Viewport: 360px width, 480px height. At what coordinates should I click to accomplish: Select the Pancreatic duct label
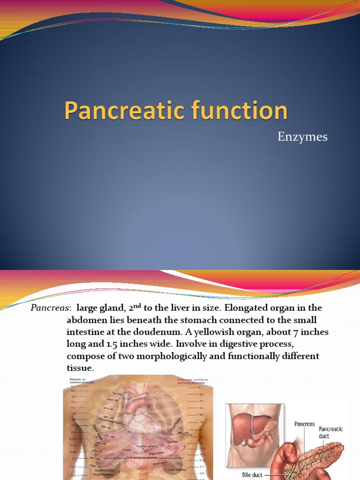(x=330, y=432)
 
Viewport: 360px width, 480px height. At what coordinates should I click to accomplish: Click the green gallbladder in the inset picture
(x=245, y=442)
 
